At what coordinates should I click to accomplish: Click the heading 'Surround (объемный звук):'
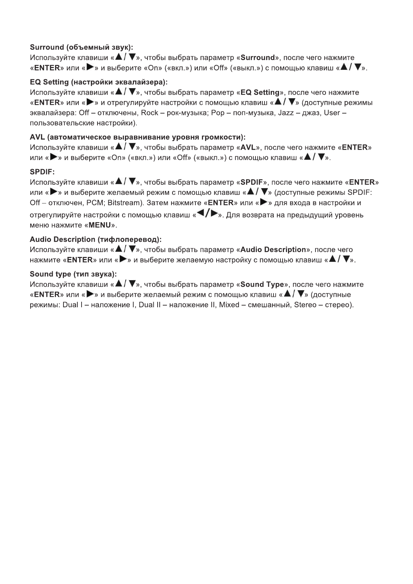click(81, 47)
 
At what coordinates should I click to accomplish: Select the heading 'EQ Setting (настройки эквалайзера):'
click(99, 82)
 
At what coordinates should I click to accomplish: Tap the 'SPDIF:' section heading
click(42, 172)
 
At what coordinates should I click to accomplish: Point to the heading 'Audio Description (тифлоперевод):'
click(95, 240)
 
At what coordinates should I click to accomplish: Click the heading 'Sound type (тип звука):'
click(73, 274)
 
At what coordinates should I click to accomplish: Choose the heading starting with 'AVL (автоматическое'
click(137, 137)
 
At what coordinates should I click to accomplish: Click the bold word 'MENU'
click(100, 225)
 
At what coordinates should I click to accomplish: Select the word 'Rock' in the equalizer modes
click(150, 113)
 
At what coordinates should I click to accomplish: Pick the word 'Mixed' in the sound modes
click(229, 305)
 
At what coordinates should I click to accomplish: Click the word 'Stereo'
click(305, 305)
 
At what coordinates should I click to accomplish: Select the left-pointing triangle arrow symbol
click(200, 214)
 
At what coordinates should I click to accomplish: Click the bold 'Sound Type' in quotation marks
click(262, 285)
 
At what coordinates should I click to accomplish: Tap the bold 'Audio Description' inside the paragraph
click(273, 250)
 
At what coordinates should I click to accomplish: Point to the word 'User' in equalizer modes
click(332, 113)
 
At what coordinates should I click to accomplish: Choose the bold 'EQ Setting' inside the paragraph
click(260, 93)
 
